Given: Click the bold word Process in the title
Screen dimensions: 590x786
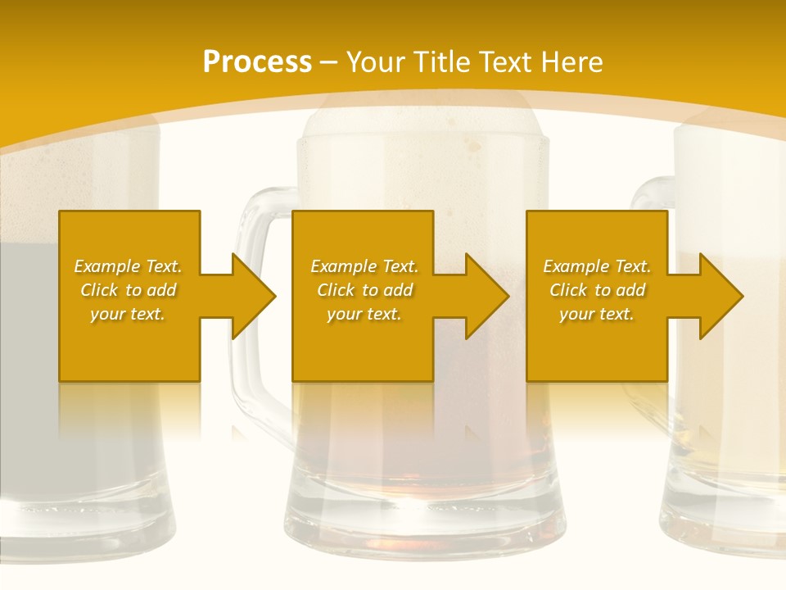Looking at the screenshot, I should pos(257,62).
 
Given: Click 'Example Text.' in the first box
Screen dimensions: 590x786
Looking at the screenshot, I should pos(129,266).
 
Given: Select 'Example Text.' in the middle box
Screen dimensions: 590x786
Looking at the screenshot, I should pos(364,266).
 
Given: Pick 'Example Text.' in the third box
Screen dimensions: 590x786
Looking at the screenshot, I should pos(597,266).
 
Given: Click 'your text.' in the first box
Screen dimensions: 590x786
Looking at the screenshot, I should pos(128,314).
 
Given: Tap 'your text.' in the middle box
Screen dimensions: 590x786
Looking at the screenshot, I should pos(364,314).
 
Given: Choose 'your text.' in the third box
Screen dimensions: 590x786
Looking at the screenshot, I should pos(596,314).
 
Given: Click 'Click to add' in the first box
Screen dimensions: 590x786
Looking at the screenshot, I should pos(129,290).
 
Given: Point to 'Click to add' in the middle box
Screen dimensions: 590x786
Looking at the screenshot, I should pos(364,290).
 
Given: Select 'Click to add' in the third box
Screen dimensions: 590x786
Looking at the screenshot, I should pos(597,290).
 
